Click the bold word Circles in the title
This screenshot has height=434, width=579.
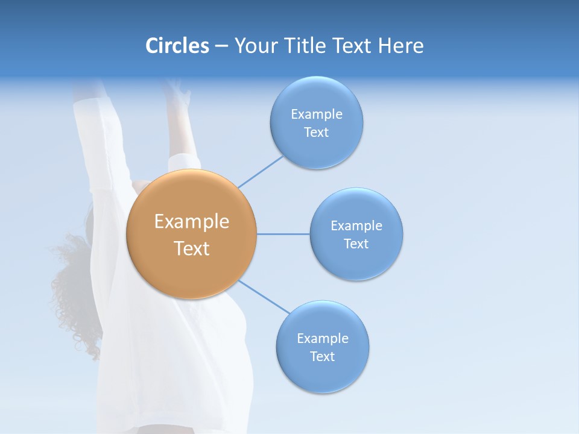point(177,46)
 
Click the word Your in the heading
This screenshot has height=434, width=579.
point(254,46)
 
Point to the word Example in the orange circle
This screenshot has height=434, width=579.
point(192,222)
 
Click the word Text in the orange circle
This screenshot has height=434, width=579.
point(192,248)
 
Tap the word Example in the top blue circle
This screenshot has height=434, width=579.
point(317,115)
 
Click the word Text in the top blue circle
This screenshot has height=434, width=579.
point(316,133)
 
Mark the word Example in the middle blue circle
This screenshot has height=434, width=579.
point(356,226)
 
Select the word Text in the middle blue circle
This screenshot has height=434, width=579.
point(356,244)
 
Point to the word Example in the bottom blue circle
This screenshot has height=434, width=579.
point(323,339)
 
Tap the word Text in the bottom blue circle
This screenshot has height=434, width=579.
point(322,357)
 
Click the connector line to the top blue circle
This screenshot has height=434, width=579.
point(261,171)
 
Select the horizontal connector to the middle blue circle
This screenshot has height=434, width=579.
point(283,234)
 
